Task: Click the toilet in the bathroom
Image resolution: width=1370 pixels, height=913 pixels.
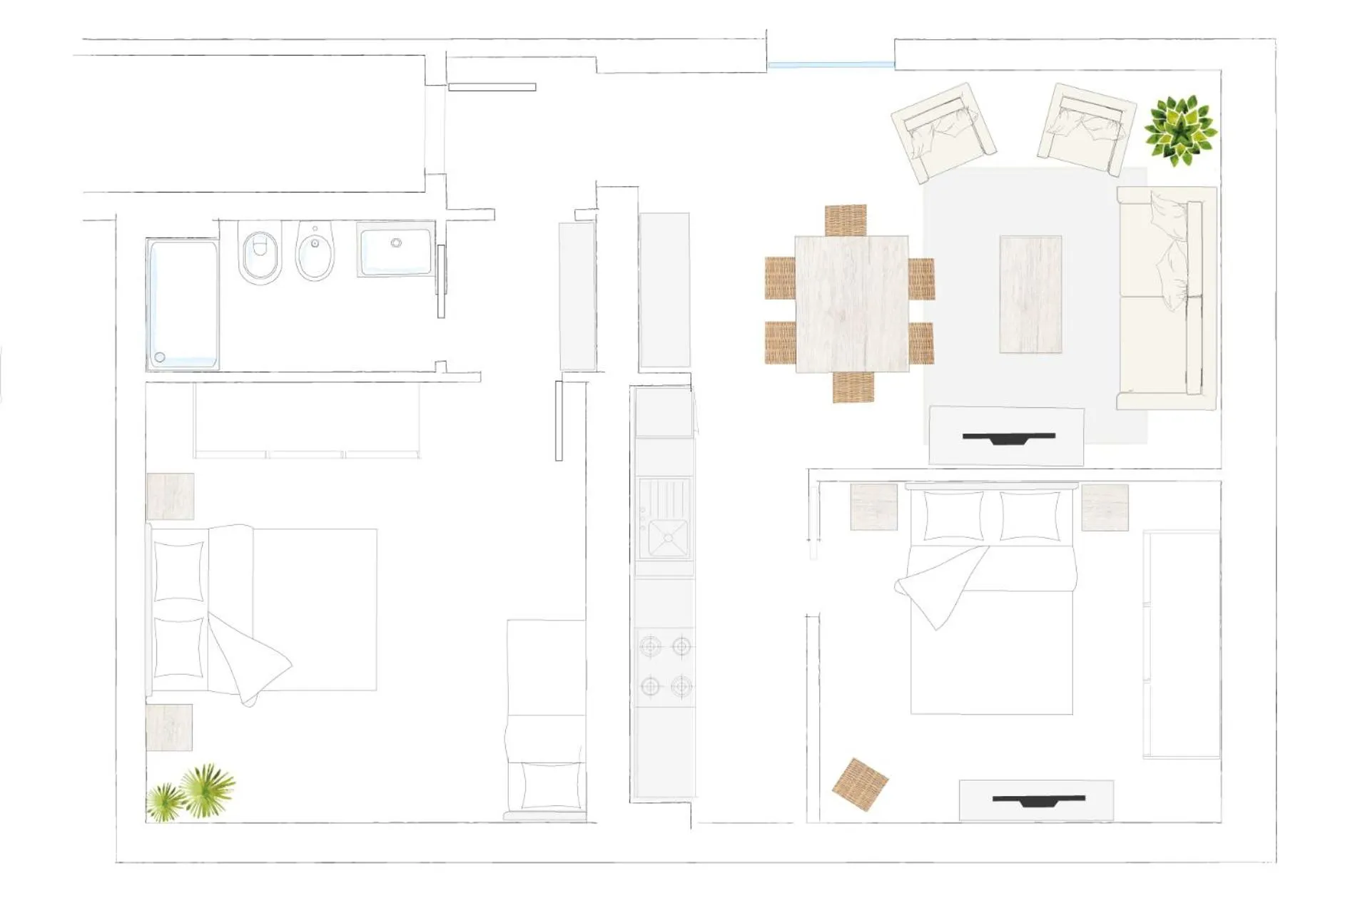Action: pyautogui.click(x=259, y=254)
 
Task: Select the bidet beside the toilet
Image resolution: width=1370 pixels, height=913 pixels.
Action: pyautogui.click(x=315, y=252)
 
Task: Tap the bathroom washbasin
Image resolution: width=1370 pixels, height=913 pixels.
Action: pyautogui.click(x=395, y=249)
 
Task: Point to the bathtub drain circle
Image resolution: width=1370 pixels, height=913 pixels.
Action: pyautogui.click(x=160, y=357)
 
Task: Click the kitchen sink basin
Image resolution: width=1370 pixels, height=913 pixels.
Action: pyautogui.click(x=666, y=536)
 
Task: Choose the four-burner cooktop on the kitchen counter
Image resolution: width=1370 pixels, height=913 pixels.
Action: pyautogui.click(x=665, y=666)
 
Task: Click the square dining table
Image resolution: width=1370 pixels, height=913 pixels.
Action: pyautogui.click(x=851, y=304)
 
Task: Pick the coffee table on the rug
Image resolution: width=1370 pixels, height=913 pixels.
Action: pyautogui.click(x=1030, y=294)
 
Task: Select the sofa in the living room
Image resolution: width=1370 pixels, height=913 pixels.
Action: pyautogui.click(x=1165, y=298)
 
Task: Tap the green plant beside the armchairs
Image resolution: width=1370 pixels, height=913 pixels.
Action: pyautogui.click(x=1180, y=131)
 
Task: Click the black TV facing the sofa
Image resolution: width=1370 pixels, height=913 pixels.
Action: pyautogui.click(x=1008, y=437)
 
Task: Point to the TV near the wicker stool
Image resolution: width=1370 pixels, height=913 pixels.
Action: pyautogui.click(x=1038, y=800)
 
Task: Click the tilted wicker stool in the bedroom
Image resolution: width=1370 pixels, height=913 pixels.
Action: pyautogui.click(x=860, y=784)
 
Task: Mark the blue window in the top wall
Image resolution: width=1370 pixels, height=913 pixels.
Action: pyautogui.click(x=831, y=65)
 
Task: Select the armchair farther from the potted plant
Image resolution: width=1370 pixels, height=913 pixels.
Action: pyautogui.click(x=943, y=131)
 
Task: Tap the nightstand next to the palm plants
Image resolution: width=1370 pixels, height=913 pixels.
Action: pyautogui.click(x=169, y=727)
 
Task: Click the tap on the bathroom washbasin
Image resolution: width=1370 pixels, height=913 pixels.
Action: pyautogui.click(x=396, y=243)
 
